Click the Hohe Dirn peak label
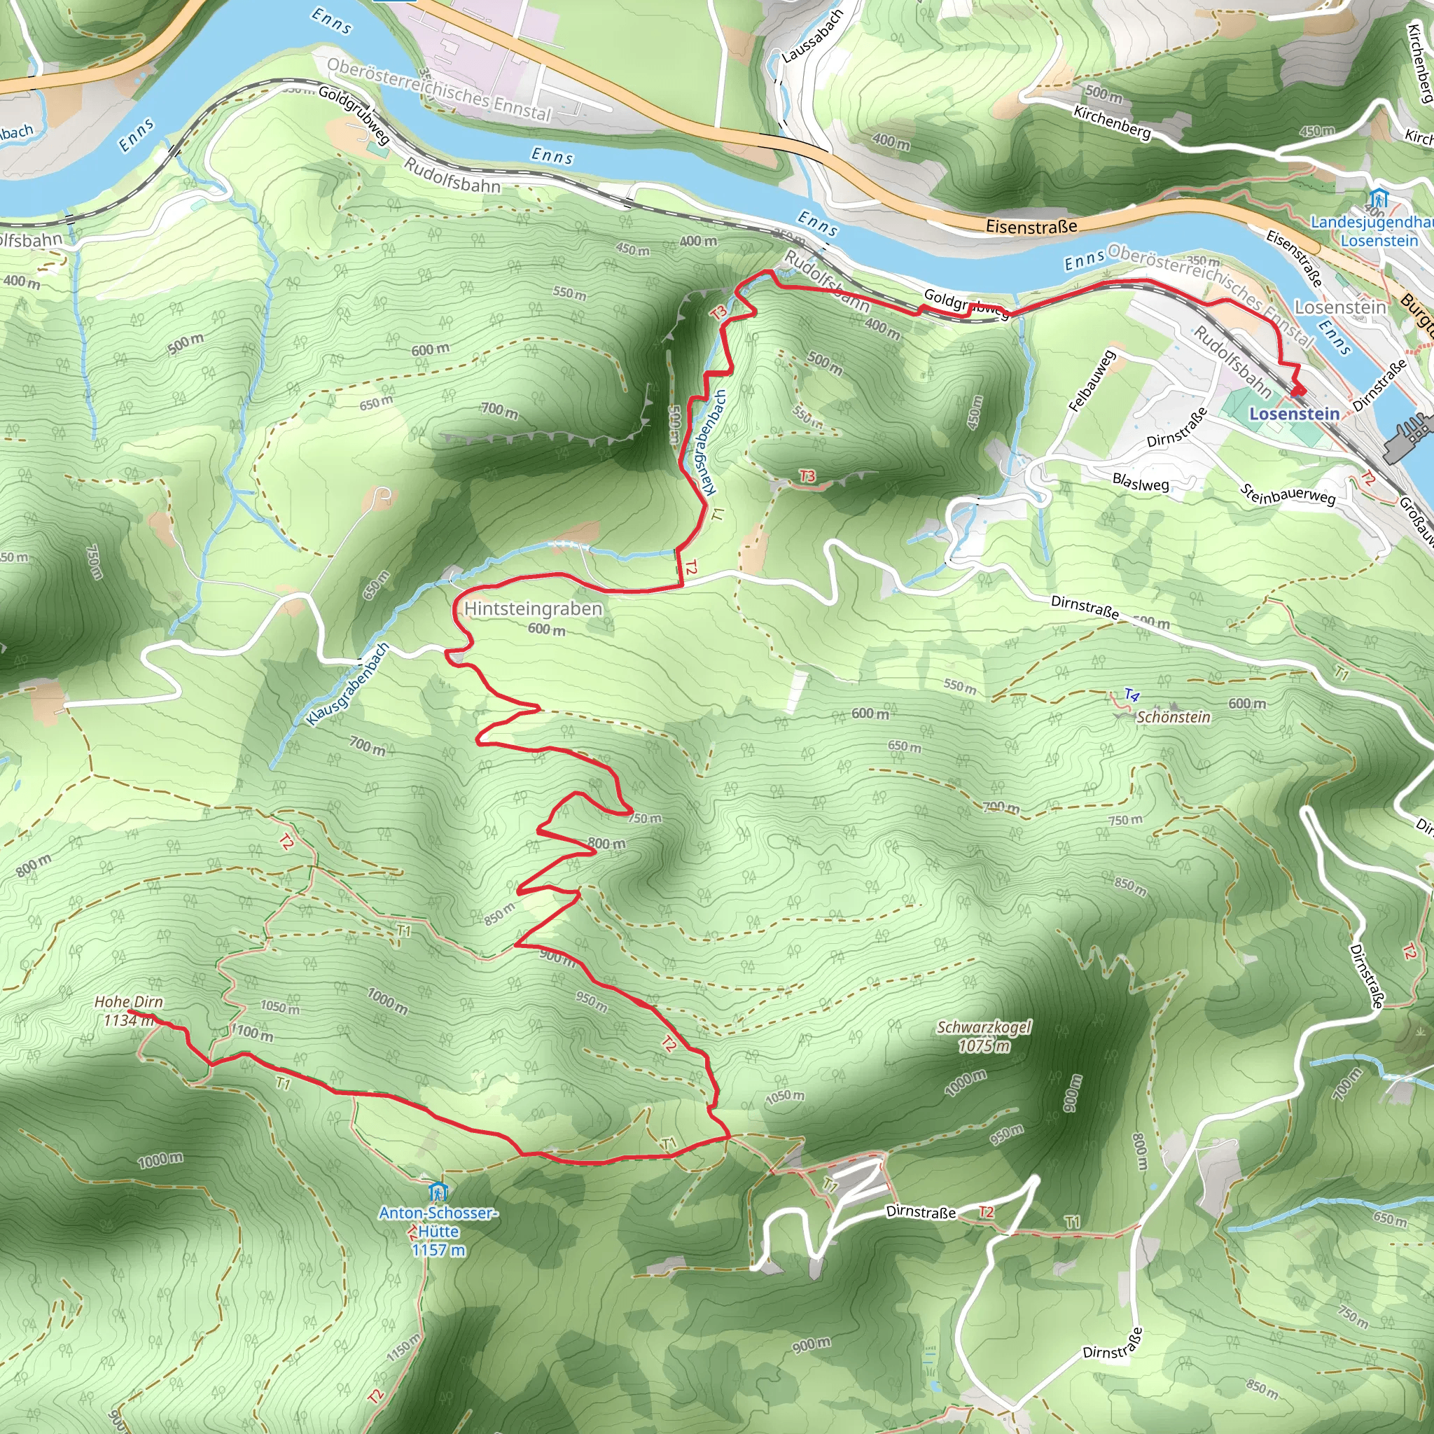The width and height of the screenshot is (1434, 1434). tap(128, 1002)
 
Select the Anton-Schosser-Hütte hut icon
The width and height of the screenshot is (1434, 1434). tap(438, 1191)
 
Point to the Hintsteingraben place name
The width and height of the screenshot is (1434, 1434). tap(533, 608)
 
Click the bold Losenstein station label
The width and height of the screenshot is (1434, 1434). tap(1295, 413)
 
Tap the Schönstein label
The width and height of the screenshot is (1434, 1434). tap(1174, 717)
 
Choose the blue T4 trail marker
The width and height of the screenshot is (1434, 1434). tap(1132, 695)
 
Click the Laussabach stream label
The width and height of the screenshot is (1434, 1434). tap(813, 36)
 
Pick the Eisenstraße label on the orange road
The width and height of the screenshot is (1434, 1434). tap(1031, 226)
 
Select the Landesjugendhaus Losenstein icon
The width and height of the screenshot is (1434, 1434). tap(1378, 199)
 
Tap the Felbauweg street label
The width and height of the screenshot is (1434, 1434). tap(1092, 381)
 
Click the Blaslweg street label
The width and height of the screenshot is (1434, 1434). tap(1141, 482)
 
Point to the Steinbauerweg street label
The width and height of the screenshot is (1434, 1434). tap(1288, 494)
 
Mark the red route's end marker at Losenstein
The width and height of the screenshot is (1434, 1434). tap(1297, 390)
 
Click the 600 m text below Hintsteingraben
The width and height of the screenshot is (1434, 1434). tap(546, 629)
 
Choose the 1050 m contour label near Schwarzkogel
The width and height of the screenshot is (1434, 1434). tap(784, 1096)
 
